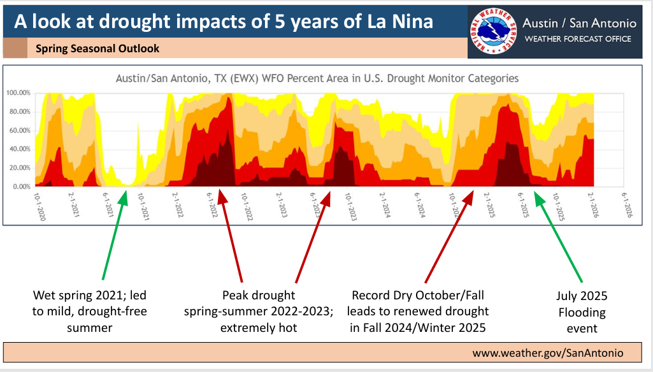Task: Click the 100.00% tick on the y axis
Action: [18, 93]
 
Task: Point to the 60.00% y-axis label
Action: [20, 131]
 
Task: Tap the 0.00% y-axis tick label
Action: [21, 187]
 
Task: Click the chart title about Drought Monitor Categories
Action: [317, 78]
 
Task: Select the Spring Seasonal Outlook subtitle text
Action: [97, 48]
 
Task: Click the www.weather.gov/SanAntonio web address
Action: [547, 353]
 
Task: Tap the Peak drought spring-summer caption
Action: [259, 311]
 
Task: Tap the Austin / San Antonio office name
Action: [578, 23]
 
